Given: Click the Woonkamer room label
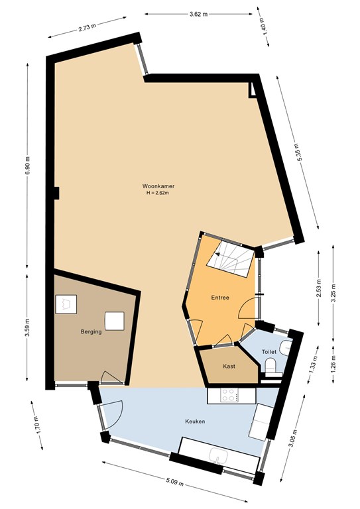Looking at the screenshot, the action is (x=158, y=186).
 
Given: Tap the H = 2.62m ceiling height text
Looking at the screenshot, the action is (x=158, y=192).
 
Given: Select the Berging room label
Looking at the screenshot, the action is (x=91, y=332).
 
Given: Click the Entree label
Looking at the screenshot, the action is (x=220, y=298).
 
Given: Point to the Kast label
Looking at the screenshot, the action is (x=229, y=366).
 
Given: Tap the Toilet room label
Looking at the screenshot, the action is (x=269, y=351).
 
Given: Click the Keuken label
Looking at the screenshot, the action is (x=195, y=422).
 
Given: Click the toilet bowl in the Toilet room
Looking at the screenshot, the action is (x=270, y=366).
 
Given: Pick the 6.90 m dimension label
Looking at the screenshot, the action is (x=27, y=166).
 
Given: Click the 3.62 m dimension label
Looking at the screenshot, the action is (x=198, y=14).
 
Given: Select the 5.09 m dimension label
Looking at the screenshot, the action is (x=174, y=482).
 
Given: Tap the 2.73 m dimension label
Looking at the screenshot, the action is (x=88, y=27).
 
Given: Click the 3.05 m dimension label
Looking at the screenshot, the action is (x=293, y=438).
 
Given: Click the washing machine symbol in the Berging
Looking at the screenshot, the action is (x=66, y=304).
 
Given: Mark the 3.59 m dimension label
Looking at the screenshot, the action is (x=27, y=328).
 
